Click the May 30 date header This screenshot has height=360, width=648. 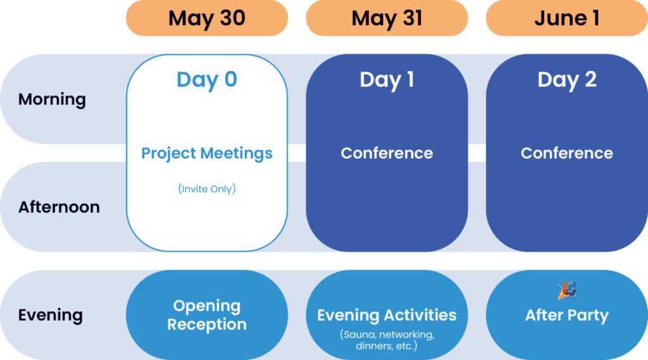(x=207, y=18)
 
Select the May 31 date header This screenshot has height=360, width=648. (x=387, y=18)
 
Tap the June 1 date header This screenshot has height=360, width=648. (x=566, y=18)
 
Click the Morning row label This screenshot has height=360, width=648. (x=52, y=99)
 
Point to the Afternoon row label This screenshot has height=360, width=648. (x=59, y=207)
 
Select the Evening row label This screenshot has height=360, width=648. (x=51, y=315)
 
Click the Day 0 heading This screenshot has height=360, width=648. (x=207, y=80)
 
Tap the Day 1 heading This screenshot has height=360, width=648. (x=387, y=80)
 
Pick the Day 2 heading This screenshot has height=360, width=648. (x=566, y=80)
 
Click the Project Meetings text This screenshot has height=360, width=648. (x=207, y=153)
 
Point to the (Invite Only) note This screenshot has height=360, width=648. (x=207, y=189)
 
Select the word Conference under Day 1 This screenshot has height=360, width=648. (x=387, y=153)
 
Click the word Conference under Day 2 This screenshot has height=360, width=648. (x=566, y=153)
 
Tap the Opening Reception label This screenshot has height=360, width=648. (x=207, y=315)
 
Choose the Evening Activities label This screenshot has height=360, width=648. (x=387, y=315)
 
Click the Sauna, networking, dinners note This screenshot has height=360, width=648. (x=387, y=340)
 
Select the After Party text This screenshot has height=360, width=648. (x=566, y=315)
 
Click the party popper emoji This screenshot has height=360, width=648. (x=566, y=290)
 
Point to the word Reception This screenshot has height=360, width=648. (x=207, y=325)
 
